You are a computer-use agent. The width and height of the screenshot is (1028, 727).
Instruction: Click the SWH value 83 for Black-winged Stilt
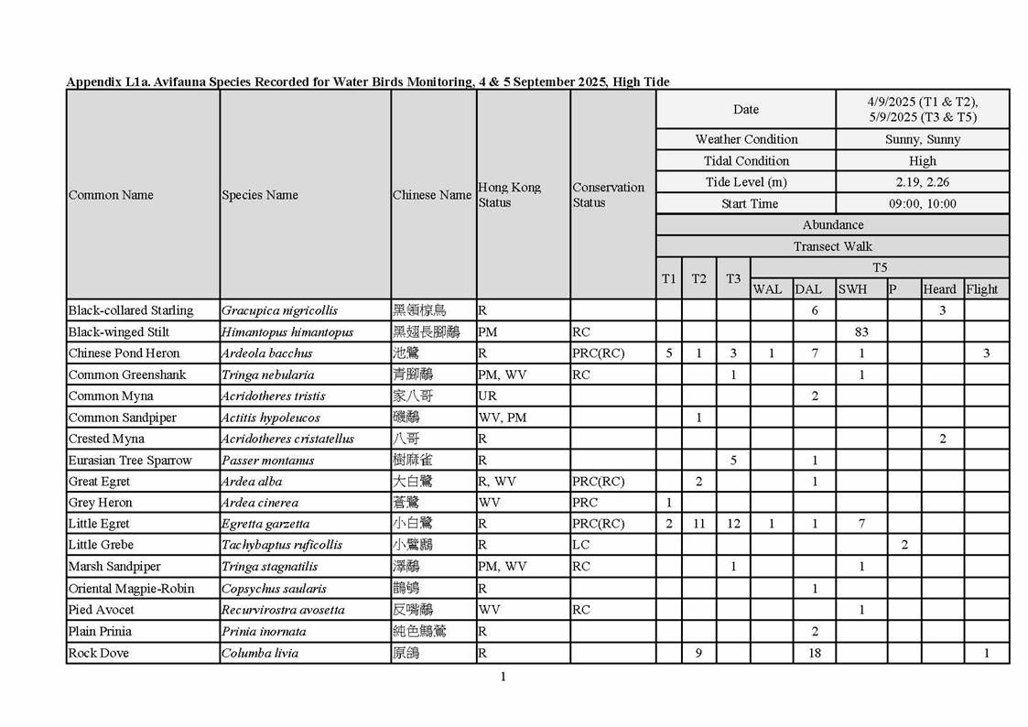[860, 332]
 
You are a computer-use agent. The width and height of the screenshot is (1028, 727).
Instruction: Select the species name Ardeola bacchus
[266, 353]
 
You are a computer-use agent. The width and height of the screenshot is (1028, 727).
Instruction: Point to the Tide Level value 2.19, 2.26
[923, 182]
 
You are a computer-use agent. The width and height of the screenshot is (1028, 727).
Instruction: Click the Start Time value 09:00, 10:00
[923, 203]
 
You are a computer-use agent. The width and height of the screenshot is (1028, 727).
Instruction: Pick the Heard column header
[939, 289]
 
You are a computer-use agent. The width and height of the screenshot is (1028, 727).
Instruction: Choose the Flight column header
[982, 289]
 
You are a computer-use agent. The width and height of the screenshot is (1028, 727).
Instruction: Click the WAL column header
[767, 289]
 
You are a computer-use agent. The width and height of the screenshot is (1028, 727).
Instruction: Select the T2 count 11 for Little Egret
[698, 524]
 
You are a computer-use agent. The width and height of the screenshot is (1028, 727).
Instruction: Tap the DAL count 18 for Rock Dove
[814, 653]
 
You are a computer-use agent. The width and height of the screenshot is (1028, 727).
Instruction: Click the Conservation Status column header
[608, 195]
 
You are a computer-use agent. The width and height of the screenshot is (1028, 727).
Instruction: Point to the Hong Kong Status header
[509, 195]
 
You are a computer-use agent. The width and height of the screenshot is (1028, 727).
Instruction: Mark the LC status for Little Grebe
[581, 545]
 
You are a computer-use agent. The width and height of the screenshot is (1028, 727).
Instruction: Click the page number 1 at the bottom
[503, 677]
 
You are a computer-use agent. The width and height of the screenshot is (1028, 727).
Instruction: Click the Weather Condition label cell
[746, 139]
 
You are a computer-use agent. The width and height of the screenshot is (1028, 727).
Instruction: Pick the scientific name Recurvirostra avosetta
[283, 610]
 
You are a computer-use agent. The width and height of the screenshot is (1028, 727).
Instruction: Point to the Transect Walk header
[832, 246]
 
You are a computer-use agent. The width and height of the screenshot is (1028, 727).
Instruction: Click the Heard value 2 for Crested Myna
[942, 439]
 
